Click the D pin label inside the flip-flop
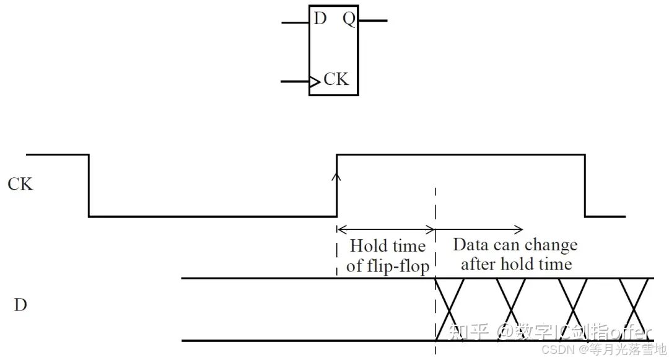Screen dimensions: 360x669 tap(320, 19)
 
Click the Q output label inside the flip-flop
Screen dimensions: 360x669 tap(349, 19)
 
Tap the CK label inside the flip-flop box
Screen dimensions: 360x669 tap(336, 79)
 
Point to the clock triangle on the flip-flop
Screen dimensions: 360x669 tap(315, 81)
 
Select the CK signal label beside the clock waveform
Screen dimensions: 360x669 tap(20, 184)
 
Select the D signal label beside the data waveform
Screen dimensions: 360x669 tap(20, 305)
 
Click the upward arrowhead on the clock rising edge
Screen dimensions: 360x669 tap(336, 177)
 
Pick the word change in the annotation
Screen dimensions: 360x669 tap(550, 245)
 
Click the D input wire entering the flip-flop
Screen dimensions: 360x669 tap(295, 22)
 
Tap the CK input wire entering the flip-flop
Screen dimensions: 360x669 tap(295, 81)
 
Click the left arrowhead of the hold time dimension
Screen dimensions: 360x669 tap(339, 228)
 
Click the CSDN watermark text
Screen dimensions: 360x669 tap(556, 349)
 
